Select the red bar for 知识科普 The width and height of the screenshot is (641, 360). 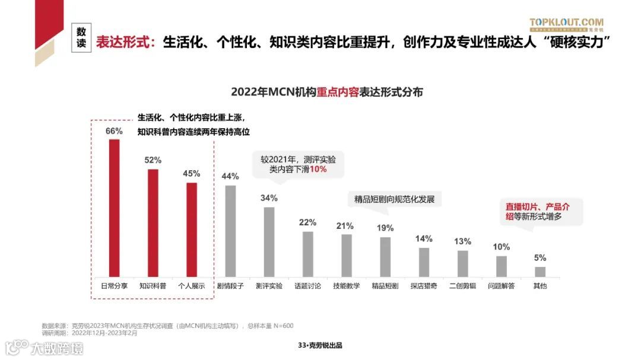(x=153, y=222)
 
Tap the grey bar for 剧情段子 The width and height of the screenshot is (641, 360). (x=230, y=231)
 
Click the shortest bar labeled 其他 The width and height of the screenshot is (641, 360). (x=540, y=272)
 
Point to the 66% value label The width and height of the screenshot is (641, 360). (x=114, y=131)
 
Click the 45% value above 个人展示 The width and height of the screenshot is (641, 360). (x=191, y=174)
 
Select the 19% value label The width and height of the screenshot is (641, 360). (x=385, y=228)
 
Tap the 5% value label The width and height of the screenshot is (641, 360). (x=540, y=258)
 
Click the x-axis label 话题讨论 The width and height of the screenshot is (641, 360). (x=307, y=286)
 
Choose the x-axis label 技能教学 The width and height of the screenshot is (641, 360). (x=346, y=286)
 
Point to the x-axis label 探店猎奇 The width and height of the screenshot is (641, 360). (x=423, y=286)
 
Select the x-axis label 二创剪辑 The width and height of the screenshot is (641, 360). (x=462, y=286)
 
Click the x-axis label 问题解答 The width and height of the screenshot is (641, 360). (x=501, y=286)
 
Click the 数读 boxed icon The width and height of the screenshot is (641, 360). (x=81, y=38)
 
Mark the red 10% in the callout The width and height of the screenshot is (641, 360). (x=318, y=169)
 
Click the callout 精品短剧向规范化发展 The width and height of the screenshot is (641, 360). (x=394, y=199)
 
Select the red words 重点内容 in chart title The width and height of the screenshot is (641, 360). (x=338, y=92)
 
